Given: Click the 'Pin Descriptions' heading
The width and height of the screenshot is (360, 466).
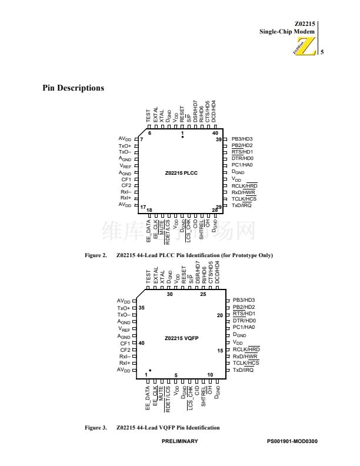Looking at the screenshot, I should tap(73, 88).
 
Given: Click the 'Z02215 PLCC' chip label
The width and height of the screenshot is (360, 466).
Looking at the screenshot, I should tap(182, 173).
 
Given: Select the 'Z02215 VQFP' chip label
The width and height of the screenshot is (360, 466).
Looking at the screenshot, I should tap(182, 339).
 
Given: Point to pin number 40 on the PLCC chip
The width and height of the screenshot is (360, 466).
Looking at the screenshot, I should tap(215, 134).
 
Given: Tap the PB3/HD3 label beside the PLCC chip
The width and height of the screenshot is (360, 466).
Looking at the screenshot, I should tap(242, 139).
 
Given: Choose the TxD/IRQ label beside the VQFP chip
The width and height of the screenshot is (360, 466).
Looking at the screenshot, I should tap(242, 370).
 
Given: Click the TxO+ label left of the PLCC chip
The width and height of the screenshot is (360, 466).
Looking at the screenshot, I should tap(125, 146).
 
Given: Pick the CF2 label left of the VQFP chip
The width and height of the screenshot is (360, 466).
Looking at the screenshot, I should tap(126, 349).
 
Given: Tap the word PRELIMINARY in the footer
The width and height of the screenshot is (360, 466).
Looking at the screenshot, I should tap(179, 441).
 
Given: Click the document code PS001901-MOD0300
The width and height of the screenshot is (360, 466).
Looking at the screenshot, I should tap(292, 441).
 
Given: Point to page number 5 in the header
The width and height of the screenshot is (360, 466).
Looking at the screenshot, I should tap(322, 53).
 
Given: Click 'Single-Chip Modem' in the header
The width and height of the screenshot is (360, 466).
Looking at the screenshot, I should tap(288, 31).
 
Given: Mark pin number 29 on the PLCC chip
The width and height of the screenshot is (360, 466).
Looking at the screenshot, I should tap(219, 207).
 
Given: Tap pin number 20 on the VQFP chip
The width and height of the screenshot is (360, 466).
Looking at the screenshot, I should tap(220, 316).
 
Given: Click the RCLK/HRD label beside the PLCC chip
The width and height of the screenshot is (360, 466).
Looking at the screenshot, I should tap(244, 186).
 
